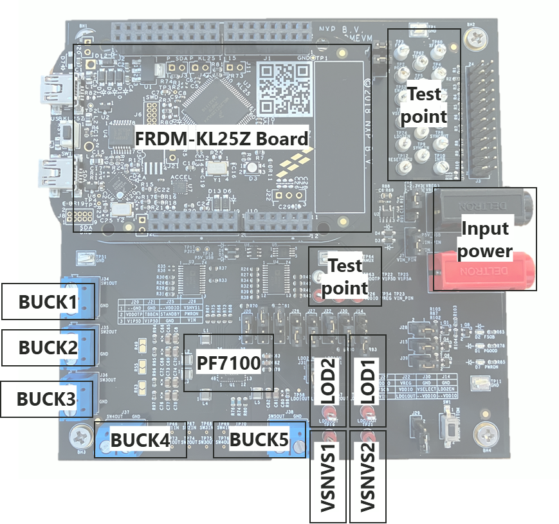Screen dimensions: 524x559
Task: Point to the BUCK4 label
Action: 140,441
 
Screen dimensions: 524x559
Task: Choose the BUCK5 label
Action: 259,440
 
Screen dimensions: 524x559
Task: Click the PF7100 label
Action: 229,363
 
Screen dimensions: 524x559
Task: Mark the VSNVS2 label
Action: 367,476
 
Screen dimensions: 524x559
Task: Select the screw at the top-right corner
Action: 477,38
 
